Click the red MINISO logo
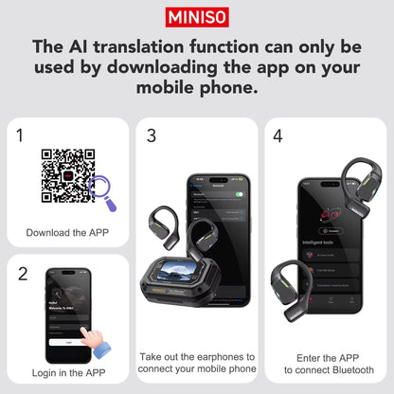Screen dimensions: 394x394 click(x=197, y=16)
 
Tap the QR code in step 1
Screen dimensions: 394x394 click(x=67, y=175)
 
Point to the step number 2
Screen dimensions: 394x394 click(x=22, y=274)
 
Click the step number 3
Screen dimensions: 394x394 click(x=151, y=135)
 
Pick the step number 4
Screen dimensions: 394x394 click(x=278, y=135)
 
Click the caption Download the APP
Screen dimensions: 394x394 click(x=67, y=232)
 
